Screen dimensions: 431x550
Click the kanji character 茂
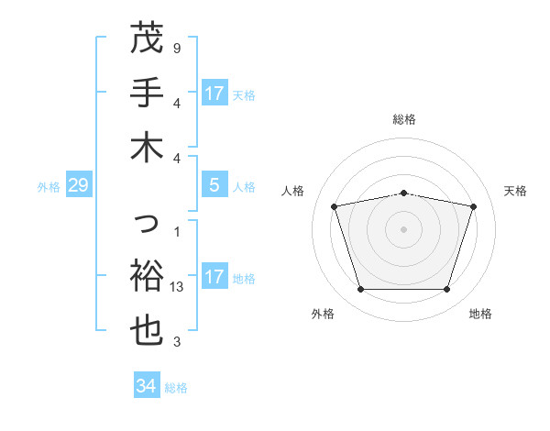pyautogui.click(x=147, y=39)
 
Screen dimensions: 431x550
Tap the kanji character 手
pyautogui.click(x=147, y=93)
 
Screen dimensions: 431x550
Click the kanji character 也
pyautogui.click(x=147, y=331)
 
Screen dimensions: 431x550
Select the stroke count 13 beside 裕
pyautogui.click(x=178, y=287)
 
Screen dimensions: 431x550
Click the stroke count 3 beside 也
pyautogui.click(x=177, y=342)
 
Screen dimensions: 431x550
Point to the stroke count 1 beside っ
pyautogui.click(x=177, y=232)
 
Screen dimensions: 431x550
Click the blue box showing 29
pyautogui.click(x=78, y=186)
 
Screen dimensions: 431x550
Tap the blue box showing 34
pyautogui.click(x=146, y=386)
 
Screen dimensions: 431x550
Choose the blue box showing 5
pyautogui.click(x=214, y=185)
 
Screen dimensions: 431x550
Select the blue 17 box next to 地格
pyautogui.click(x=214, y=277)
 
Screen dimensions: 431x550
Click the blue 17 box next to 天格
pyautogui.click(x=214, y=93)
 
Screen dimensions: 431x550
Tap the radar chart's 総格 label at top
pyautogui.click(x=404, y=119)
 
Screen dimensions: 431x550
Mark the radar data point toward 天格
pyautogui.click(x=474, y=206)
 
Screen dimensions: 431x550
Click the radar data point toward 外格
pyautogui.click(x=360, y=290)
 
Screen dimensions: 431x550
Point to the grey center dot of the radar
pyautogui.click(x=404, y=229)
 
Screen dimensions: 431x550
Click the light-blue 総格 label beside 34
pyautogui.click(x=176, y=388)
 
